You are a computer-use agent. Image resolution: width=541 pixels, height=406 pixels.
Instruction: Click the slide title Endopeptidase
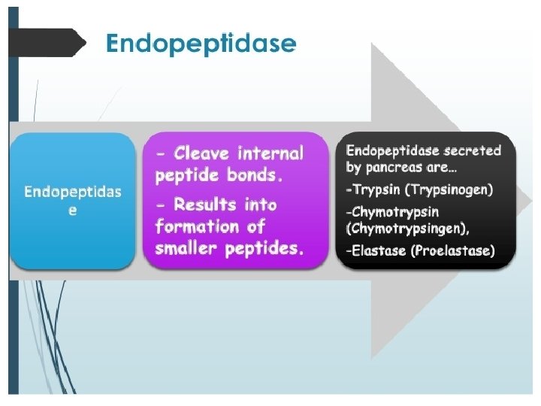(201, 44)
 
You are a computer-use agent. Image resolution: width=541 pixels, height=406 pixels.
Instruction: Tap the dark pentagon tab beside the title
(47, 42)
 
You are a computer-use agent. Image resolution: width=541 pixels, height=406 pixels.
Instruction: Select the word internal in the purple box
(270, 153)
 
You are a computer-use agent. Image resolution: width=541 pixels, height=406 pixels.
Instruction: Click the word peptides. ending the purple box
(264, 249)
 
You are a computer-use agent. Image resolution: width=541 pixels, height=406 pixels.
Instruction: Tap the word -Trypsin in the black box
(372, 189)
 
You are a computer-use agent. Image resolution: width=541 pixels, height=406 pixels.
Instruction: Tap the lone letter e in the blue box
(72, 211)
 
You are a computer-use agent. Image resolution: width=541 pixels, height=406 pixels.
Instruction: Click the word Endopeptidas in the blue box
(72, 192)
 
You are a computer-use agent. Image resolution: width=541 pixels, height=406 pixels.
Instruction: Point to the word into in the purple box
(259, 205)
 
